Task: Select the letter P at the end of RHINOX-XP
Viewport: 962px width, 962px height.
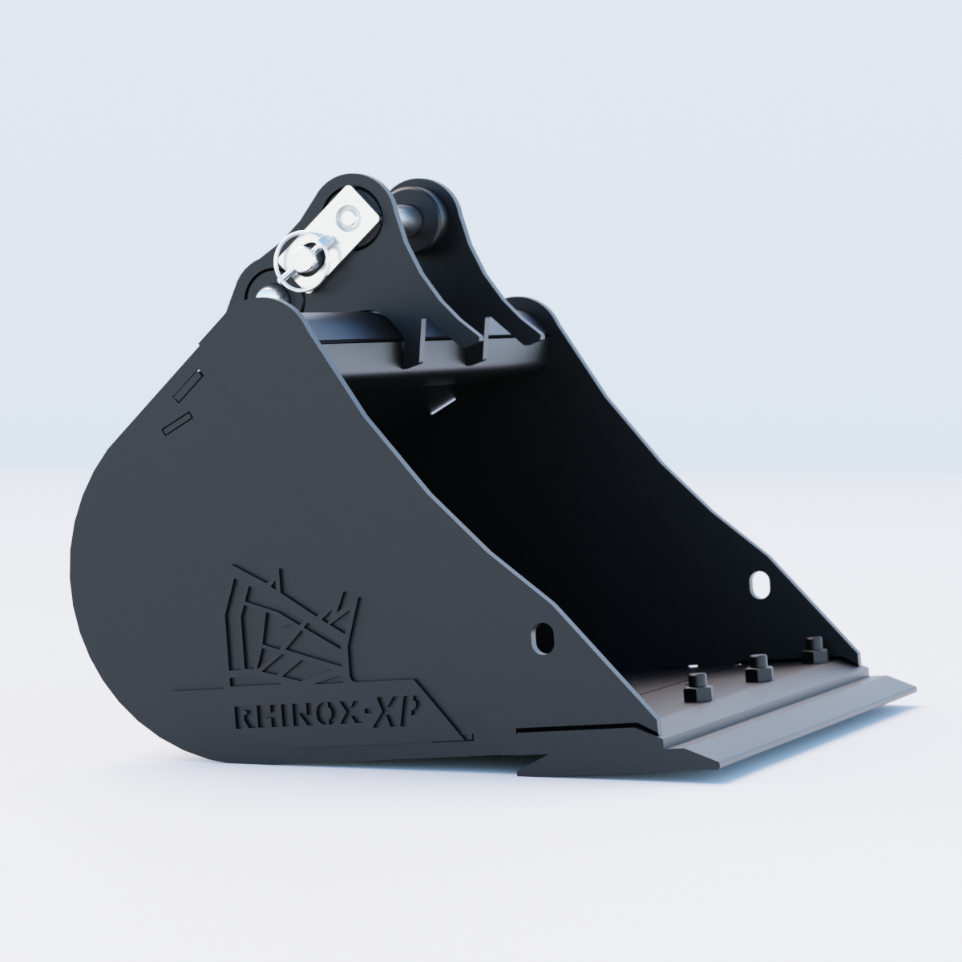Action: [407, 706]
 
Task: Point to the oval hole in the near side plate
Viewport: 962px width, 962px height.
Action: [542, 637]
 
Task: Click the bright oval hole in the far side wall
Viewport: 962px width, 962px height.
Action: [759, 584]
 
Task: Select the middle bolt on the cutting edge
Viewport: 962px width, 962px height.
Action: [758, 669]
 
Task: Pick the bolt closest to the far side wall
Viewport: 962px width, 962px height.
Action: [814, 650]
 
